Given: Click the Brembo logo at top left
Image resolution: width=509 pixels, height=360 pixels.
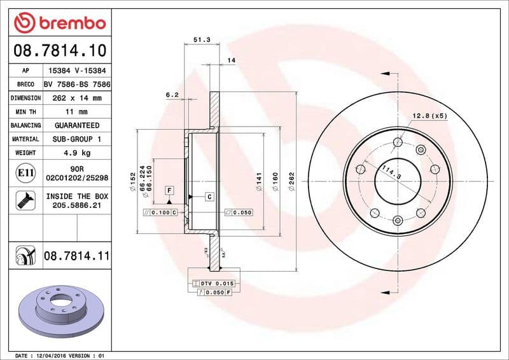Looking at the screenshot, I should point(59,24).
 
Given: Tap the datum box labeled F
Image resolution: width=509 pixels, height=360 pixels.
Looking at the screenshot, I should point(169,190).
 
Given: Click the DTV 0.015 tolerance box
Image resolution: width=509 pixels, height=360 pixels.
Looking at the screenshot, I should point(213,282).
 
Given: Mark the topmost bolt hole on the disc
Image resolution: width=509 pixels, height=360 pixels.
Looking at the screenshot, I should point(398,142).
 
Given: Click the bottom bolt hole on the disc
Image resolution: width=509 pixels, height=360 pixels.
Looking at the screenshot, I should point(398,220).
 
